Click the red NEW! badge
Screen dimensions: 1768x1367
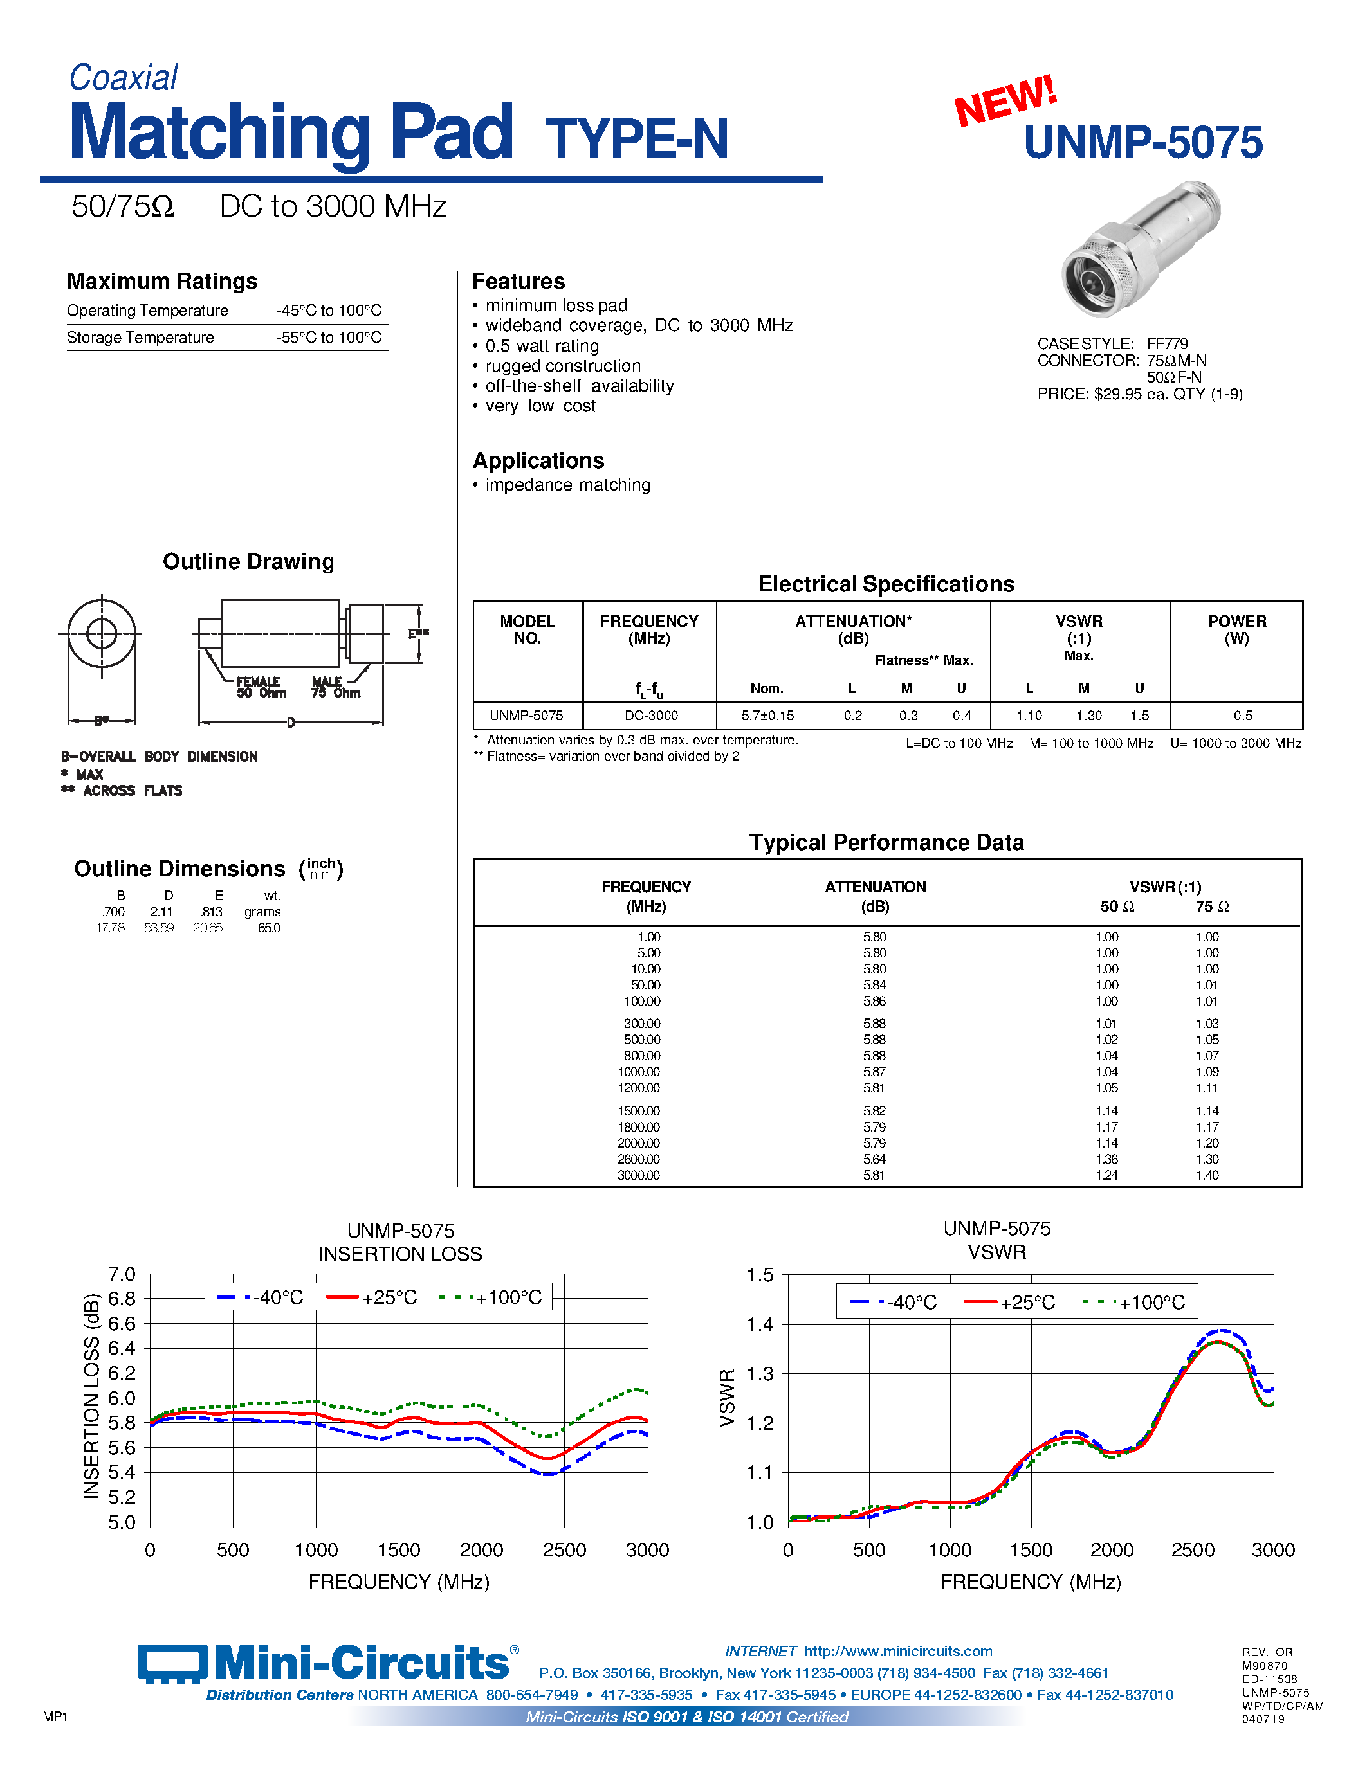coord(1006,100)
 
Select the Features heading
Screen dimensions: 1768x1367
coord(518,281)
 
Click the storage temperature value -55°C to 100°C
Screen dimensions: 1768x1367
coord(329,338)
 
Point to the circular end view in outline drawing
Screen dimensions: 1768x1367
coord(101,633)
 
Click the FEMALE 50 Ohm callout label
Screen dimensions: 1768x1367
coord(261,687)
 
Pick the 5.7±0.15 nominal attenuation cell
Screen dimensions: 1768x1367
coord(767,716)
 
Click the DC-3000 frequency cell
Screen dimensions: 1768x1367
coord(650,716)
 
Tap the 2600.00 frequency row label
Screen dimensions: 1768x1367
coord(638,1159)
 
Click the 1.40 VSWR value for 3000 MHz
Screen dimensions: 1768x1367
coord(1207,1175)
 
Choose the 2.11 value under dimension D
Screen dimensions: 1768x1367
coord(161,912)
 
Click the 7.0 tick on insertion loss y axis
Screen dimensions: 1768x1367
coord(122,1275)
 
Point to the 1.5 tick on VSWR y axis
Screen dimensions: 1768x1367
coord(760,1276)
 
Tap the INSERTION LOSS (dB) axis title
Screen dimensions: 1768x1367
coord(91,1396)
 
